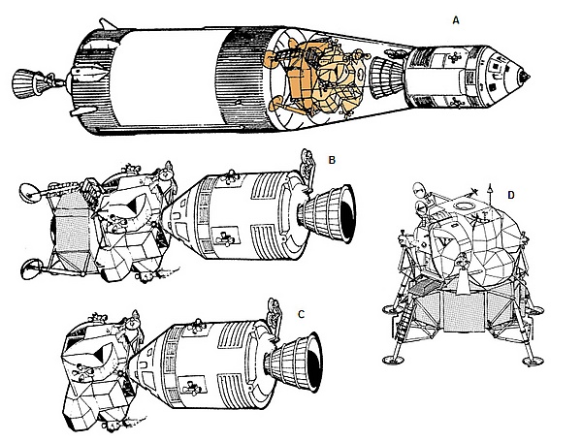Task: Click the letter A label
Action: [456, 20]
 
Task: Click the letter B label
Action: [332, 160]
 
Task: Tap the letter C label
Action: [301, 314]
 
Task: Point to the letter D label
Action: [511, 195]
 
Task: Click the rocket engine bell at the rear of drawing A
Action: [24, 83]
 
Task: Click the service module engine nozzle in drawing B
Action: [328, 214]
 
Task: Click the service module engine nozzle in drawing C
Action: [294, 362]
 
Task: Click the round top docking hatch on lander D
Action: [463, 205]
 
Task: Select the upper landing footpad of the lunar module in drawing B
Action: [30, 193]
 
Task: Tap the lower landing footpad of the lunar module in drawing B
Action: [31, 269]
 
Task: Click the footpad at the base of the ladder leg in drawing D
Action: [393, 359]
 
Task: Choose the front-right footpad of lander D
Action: [533, 360]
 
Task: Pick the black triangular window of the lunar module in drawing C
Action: [101, 355]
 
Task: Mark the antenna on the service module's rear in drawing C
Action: [275, 316]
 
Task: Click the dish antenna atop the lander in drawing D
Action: [418, 190]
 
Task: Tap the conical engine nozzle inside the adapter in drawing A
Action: [386, 79]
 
